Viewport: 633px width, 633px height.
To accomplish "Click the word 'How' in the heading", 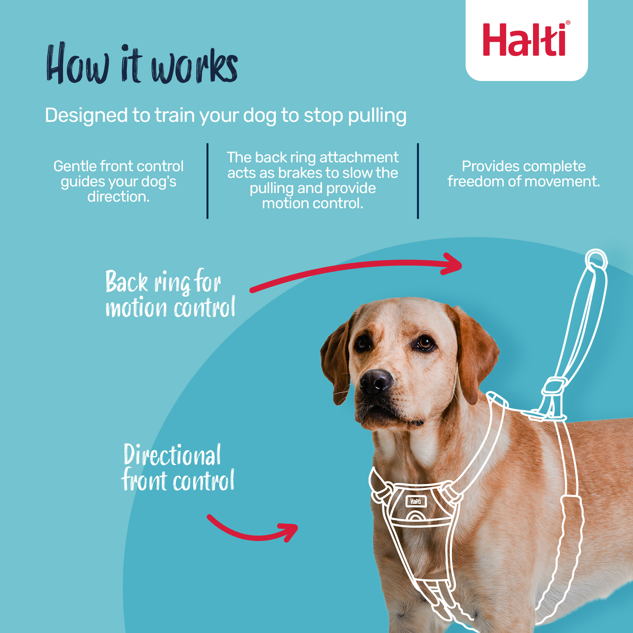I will (78, 64).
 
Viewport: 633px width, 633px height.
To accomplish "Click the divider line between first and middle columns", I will (207, 181).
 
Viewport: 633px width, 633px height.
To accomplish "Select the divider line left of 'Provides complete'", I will (418, 181).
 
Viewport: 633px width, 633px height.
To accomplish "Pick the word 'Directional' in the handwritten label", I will (172, 456).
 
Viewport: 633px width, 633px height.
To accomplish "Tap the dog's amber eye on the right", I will (425, 344).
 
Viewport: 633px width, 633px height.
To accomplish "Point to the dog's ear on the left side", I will (336, 360).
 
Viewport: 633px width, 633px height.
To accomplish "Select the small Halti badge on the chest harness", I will (416, 502).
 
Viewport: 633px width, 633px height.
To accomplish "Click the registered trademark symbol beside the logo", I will (568, 22).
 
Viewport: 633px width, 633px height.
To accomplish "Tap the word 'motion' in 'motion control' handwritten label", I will (136, 308).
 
